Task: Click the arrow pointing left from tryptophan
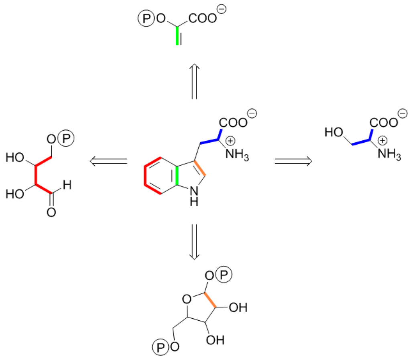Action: (108, 162)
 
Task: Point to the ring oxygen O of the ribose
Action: (185, 299)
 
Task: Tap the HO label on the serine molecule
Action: (333, 133)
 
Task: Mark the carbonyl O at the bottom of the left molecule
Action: (51, 212)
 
